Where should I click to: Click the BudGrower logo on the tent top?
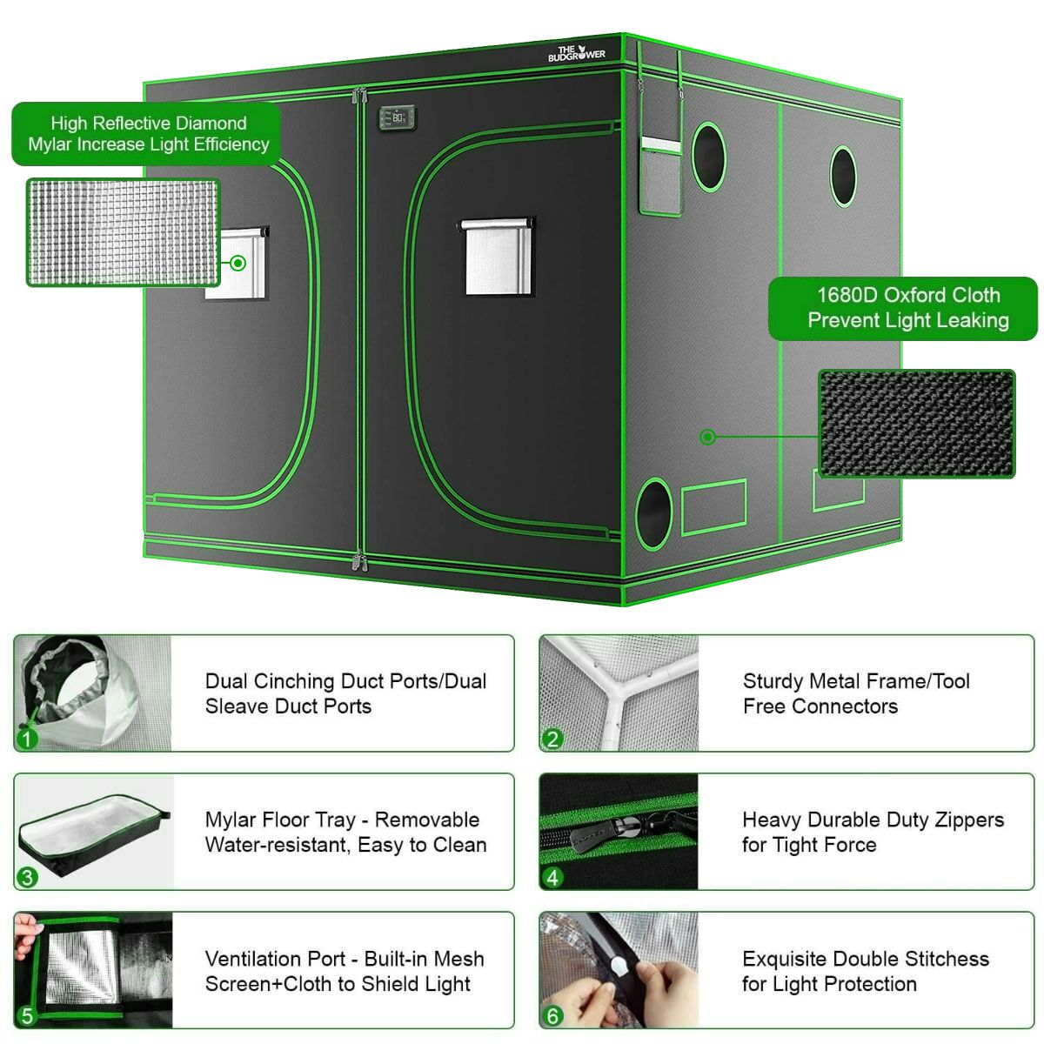(x=576, y=53)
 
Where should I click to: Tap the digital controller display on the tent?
(x=397, y=117)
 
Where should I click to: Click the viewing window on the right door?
(x=497, y=258)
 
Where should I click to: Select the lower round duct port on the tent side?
(x=654, y=512)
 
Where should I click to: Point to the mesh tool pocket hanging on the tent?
(x=661, y=174)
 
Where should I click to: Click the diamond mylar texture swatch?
(x=123, y=231)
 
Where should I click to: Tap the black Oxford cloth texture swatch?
(x=917, y=424)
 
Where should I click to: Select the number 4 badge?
(x=552, y=878)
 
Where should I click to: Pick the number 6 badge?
(x=552, y=1016)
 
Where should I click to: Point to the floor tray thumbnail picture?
(x=94, y=833)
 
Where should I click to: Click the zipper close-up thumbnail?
(x=619, y=832)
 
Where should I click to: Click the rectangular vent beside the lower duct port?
(x=714, y=506)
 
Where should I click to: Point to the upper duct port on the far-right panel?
(x=843, y=177)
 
